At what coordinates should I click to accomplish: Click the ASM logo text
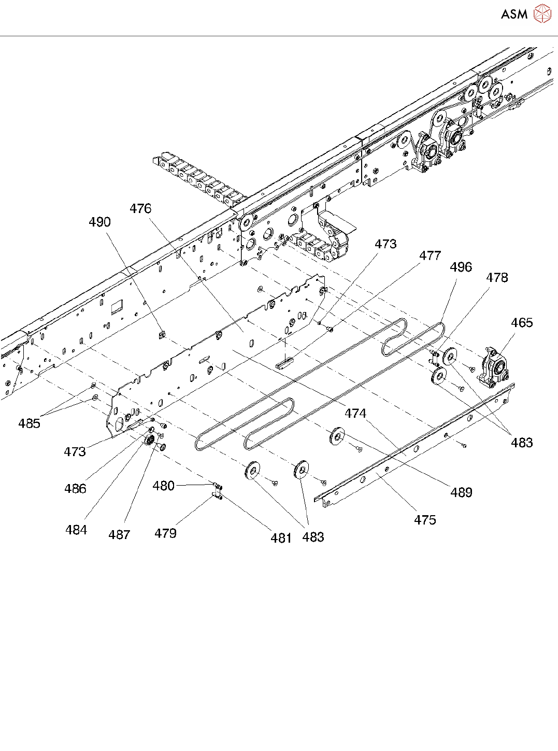click(514, 15)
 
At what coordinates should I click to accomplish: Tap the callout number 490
click(99, 222)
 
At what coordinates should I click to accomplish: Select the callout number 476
click(140, 208)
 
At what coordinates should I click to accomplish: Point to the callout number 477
click(430, 256)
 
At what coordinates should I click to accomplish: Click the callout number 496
click(461, 267)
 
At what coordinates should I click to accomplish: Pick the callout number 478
click(497, 278)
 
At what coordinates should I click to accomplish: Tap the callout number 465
click(521, 322)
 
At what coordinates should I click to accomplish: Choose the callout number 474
click(355, 413)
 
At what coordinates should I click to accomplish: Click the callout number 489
click(461, 492)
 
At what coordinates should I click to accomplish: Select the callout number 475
click(425, 520)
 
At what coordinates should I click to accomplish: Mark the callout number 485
click(29, 423)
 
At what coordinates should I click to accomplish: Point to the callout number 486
click(75, 488)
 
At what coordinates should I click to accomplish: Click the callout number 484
click(76, 530)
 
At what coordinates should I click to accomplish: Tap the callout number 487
click(119, 534)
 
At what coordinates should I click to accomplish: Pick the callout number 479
click(165, 533)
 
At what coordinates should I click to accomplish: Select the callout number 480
click(163, 486)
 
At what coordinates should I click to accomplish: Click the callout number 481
click(281, 538)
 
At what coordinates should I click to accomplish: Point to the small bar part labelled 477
click(285, 362)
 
